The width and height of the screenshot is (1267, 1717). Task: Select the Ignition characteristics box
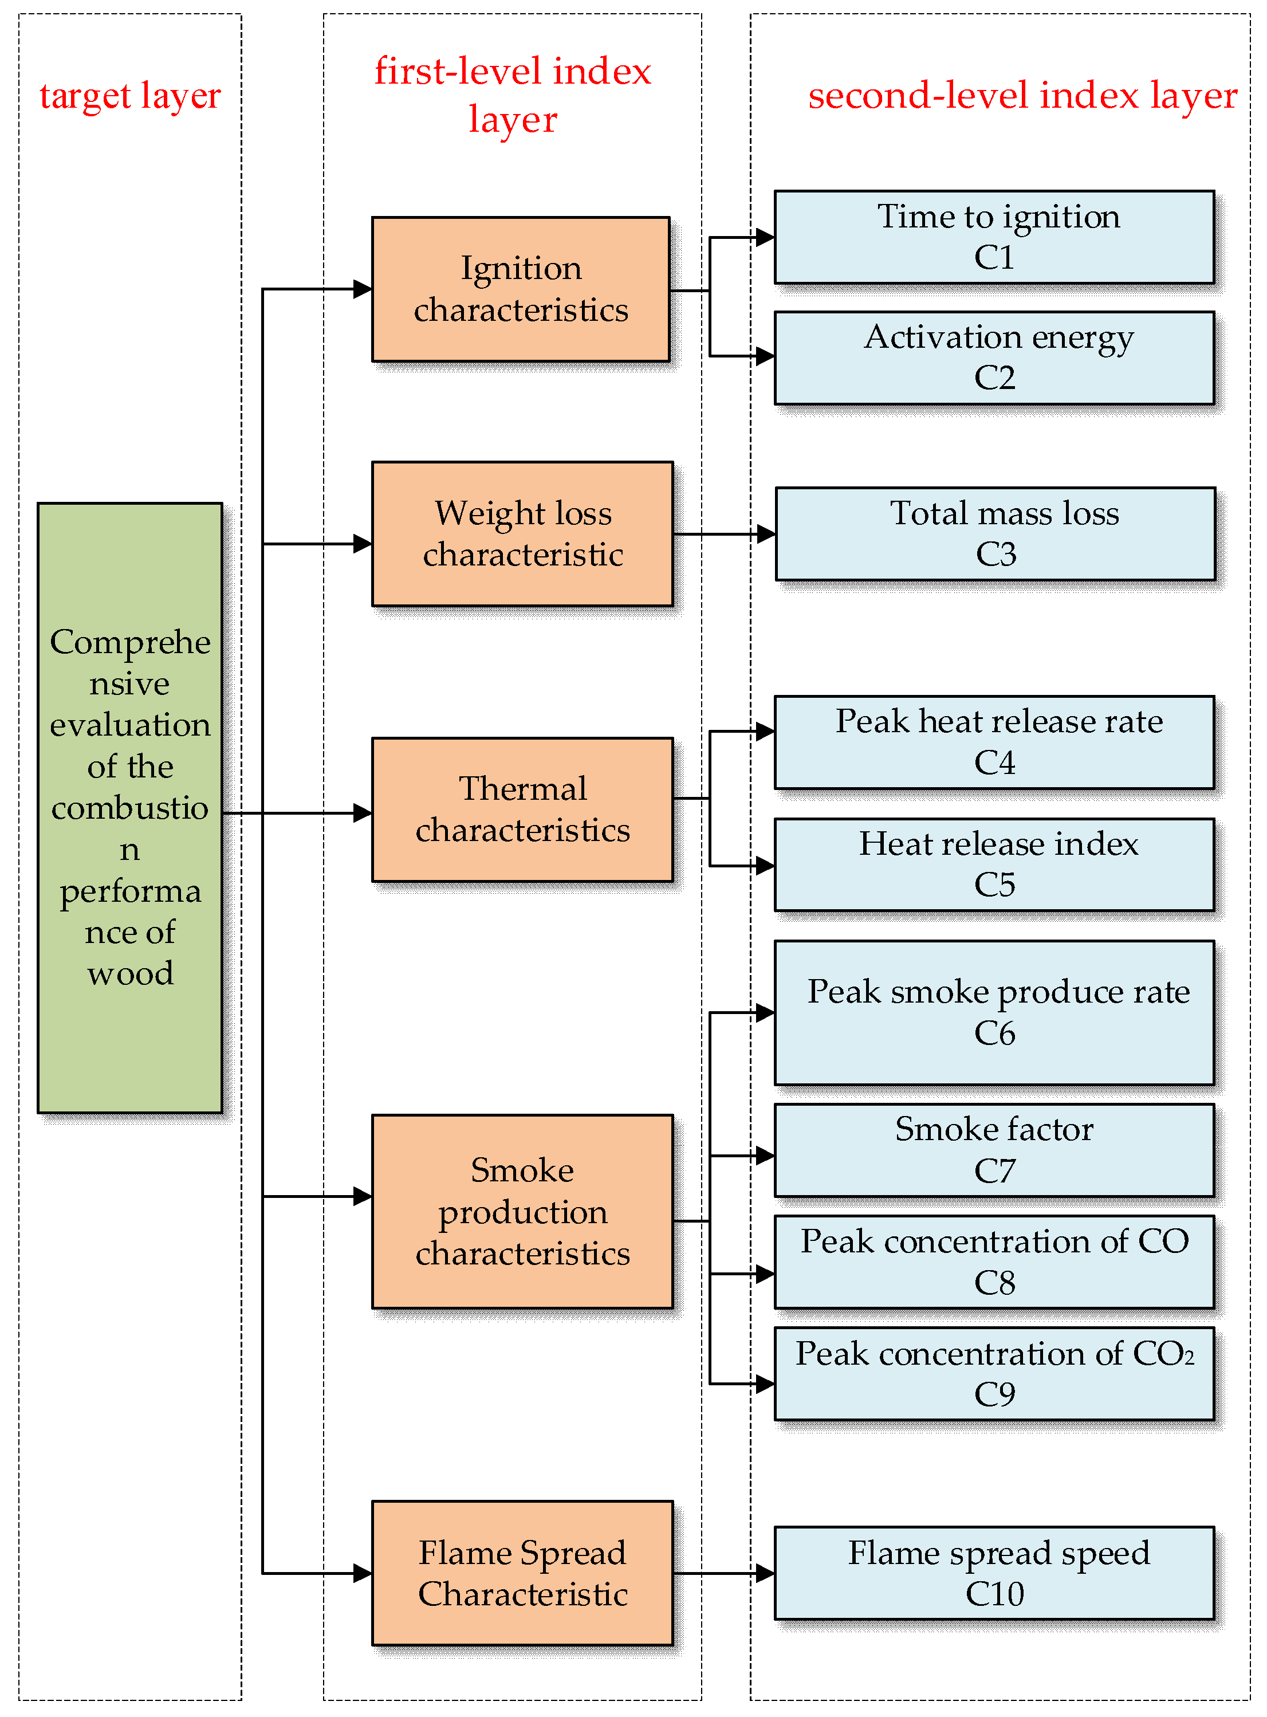(x=521, y=289)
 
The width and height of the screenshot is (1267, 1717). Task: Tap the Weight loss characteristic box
(x=522, y=533)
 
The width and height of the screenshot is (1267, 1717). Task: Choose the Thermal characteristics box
(x=522, y=810)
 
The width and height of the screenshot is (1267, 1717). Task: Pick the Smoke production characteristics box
(x=522, y=1211)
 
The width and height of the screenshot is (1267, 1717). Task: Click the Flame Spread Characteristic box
(x=522, y=1573)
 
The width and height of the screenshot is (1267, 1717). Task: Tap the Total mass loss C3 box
(x=995, y=533)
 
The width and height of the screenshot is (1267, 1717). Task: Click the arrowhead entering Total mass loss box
(x=765, y=533)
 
